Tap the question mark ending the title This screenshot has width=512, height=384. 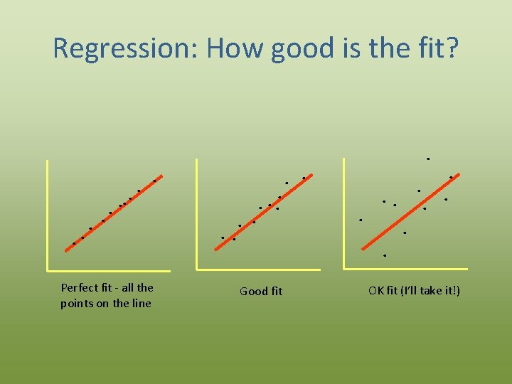click(452, 48)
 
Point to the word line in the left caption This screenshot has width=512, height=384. click(139, 304)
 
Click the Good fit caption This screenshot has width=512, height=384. click(261, 291)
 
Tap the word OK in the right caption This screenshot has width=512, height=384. click(376, 290)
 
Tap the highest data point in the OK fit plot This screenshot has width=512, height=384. click(428, 159)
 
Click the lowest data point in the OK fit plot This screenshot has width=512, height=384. click(385, 255)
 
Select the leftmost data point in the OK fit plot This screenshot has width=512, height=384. click(361, 220)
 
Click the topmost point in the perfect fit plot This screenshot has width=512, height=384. click(154, 181)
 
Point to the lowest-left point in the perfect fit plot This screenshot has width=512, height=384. click(74, 243)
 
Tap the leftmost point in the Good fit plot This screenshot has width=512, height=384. click(223, 238)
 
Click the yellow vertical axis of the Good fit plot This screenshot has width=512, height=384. click(197, 213)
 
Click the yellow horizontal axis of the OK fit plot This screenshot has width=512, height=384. click(405, 269)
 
